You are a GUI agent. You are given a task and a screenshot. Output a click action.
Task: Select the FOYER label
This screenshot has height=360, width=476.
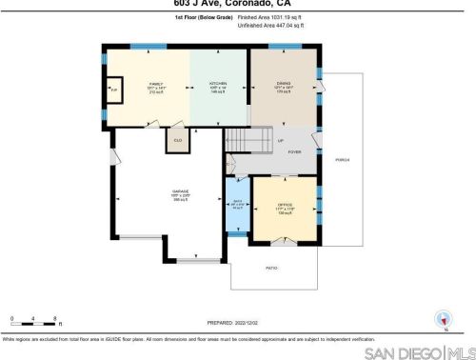pos(295,150)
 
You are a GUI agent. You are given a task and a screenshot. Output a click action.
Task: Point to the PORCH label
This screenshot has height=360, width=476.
pos(342,159)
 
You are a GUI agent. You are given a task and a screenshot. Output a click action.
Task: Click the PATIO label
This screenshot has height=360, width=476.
pos(271,269)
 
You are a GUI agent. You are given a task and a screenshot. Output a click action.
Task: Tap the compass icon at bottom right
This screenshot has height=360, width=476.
pos(441,320)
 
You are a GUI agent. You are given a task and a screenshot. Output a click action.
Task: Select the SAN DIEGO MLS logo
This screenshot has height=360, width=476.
pos(419,351)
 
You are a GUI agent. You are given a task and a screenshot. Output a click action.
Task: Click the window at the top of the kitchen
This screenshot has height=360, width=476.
pos(218,48)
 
